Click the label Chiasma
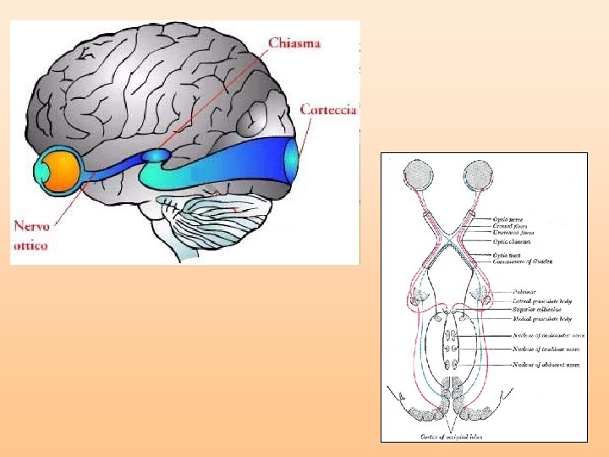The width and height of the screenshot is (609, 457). pyautogui.click(x=294, y=43)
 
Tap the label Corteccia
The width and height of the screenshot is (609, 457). pyautogui.click(x=330, y=109)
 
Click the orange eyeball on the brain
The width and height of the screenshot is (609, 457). pyautogui.click(x=61, y=170)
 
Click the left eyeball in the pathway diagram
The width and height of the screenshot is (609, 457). pyautogui.click(x=420, y=176)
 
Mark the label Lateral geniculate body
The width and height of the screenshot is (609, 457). pyautogui.click(x=542, y=300)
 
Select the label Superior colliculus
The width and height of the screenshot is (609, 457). pyautogui.click(x=536, y=310)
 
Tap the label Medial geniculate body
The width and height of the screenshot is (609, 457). pyautogui.click(x=541, y=319)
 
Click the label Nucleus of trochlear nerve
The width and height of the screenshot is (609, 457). pyautogui.click(x=545, y=349)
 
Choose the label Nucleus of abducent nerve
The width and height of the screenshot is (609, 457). pyautogui.click(x=545, y=365)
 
